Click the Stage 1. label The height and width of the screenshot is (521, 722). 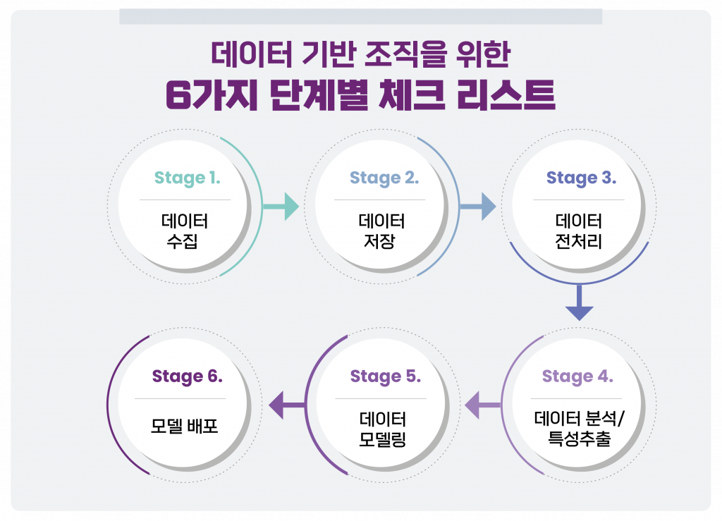(x=188, y=178)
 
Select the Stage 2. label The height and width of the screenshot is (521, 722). (x=384, y=178)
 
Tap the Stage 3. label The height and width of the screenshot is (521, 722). (x=581, y=178)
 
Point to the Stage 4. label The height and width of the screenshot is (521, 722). (x=577, y=376)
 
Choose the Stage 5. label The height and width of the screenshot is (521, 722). (x=385, y=376)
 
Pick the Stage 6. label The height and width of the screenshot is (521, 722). (x=188, y=376)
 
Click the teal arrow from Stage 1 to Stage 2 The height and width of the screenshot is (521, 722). (x=281, y=207)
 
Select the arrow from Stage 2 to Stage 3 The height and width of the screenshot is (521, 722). (x=478, y=207)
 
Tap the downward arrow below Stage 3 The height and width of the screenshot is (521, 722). (x=579, y=301)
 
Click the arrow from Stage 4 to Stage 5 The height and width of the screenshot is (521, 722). (x=482, y=405)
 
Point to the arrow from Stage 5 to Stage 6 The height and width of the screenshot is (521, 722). (x=286, y=405)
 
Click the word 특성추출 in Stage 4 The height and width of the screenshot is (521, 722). (x=579, y=441)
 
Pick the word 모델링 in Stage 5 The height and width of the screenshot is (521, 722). (x=381, y=441)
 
